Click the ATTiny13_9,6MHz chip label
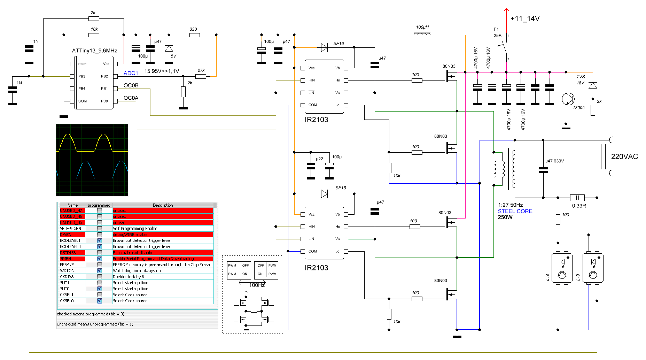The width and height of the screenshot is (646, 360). coord(94,51)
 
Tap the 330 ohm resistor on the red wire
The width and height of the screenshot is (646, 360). coord(194,35)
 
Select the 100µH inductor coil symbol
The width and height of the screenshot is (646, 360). coord(422,34)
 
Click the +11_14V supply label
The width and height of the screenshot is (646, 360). coord(525,18)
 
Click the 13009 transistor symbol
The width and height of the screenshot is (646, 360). coord(568,99)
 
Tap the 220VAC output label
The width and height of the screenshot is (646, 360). coord(624,156)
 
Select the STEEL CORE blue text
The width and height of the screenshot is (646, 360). coord(515,211)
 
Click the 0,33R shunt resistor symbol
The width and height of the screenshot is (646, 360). coord(577,198)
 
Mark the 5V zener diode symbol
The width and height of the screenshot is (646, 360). coord(169,48)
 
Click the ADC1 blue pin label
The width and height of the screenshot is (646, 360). coord(131,73)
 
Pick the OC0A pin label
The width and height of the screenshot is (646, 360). coord(131,98)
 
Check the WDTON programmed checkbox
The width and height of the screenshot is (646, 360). coord(100,270)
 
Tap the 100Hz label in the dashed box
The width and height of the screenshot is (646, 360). coord(257,285)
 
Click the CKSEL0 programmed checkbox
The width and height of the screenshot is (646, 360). coord(100,301)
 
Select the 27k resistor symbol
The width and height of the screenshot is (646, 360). coord(201,76)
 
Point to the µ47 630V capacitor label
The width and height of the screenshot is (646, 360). coord(554,161)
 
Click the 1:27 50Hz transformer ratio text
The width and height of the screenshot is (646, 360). coord(510,205)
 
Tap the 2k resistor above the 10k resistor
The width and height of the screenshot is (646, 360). coord(94,18)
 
